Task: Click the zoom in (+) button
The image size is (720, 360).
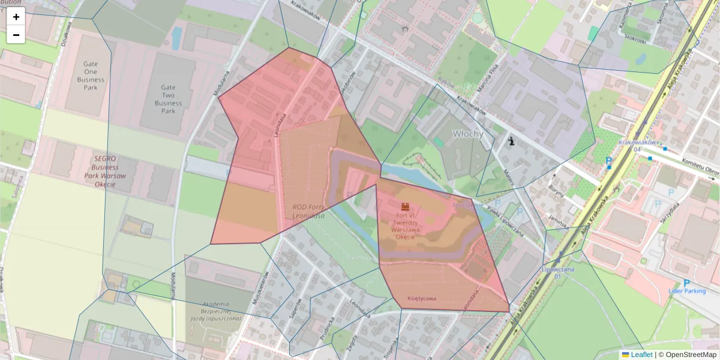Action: [16, 17]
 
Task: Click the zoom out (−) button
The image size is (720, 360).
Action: [16, 35]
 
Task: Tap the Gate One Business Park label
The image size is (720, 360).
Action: [91, 76]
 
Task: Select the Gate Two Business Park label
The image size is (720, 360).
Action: [168, 99]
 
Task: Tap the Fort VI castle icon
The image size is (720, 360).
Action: [406, 206]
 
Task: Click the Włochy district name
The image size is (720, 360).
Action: [467, 134]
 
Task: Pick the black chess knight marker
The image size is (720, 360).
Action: [511, 142]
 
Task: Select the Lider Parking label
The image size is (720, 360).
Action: [686, 291]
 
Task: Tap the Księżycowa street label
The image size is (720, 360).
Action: [422, 298]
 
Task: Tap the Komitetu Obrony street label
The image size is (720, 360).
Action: [701, 167]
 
